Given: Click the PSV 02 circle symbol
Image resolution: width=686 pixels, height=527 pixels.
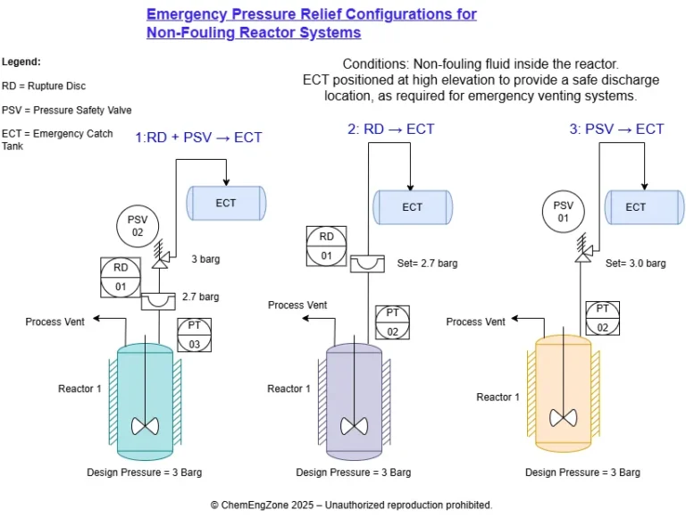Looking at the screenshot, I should click(137, 226).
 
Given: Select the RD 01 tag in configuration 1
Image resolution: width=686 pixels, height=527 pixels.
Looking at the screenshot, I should click(120, 277).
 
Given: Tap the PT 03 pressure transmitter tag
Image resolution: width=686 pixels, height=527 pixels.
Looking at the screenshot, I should click(195, 335).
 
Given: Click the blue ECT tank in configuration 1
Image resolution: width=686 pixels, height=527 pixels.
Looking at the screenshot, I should click(225, 204).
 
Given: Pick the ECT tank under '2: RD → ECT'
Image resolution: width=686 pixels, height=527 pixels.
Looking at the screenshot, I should click(412, 207).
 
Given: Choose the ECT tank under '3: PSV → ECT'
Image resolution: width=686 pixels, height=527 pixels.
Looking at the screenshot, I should click(635, 207).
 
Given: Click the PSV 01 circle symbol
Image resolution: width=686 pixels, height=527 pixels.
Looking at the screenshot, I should click(563, 212).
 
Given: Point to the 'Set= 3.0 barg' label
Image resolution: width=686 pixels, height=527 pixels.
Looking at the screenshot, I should click(635, 263).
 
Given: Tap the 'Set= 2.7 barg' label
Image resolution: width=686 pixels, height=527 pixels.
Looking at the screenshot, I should click(427, 263).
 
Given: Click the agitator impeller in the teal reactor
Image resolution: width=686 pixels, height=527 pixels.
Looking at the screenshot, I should click(145, 425).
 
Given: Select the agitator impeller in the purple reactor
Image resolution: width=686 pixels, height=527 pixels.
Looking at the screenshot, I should click(354, 425).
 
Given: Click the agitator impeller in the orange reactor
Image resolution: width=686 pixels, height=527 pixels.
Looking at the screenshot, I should click(563, 417).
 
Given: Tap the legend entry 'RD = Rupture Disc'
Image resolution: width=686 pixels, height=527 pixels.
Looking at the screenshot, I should click(44, 87).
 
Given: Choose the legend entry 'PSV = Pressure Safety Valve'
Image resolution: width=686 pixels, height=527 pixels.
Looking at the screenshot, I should click(67, 111).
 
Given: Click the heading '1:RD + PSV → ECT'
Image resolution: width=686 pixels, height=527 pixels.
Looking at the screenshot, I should click(198, 138).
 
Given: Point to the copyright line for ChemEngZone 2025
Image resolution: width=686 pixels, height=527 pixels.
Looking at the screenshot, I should click(351, 506).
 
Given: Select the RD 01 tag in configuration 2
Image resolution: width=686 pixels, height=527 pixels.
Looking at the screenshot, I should click(326, 247).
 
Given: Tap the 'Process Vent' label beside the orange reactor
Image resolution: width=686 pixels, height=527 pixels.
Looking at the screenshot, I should click(476, 322).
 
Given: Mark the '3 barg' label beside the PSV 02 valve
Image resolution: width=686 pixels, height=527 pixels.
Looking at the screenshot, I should click(205, 260).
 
